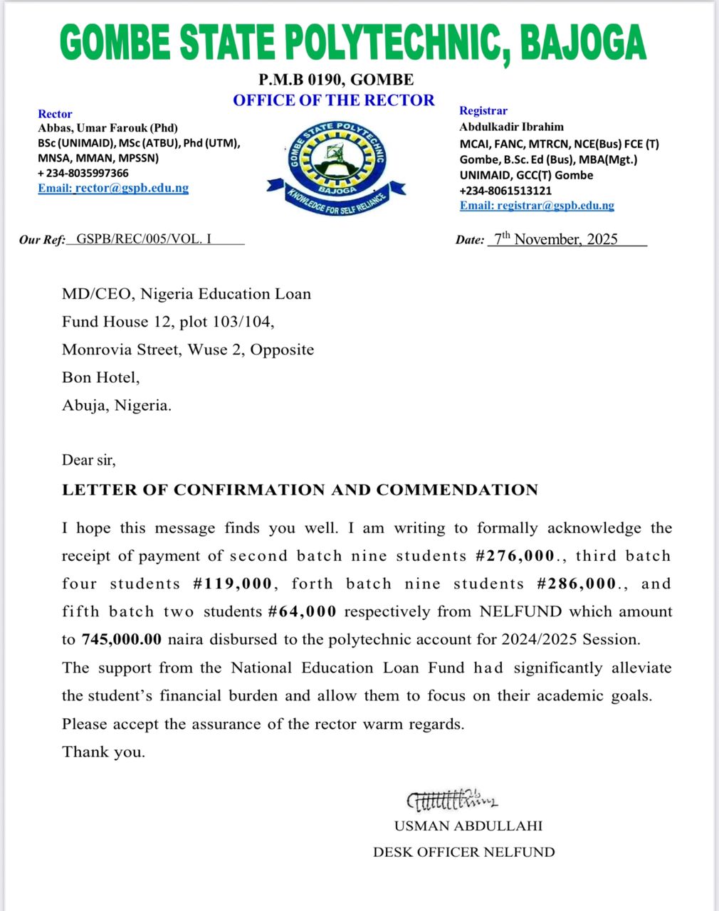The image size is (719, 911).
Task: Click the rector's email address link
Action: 113,188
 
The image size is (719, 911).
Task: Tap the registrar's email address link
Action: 537,205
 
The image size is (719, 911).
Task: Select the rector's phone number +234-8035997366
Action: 83,173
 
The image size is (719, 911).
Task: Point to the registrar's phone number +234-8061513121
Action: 505,190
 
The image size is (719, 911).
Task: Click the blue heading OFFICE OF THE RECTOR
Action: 333,100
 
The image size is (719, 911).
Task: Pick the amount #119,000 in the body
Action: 232,584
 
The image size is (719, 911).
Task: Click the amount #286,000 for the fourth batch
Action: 576,584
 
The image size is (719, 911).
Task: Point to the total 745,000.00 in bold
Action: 122,639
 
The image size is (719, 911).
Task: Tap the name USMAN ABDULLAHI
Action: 468,826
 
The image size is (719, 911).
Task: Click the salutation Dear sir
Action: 88,460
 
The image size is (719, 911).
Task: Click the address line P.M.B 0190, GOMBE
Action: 336,79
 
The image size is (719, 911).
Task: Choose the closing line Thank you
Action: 103,752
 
